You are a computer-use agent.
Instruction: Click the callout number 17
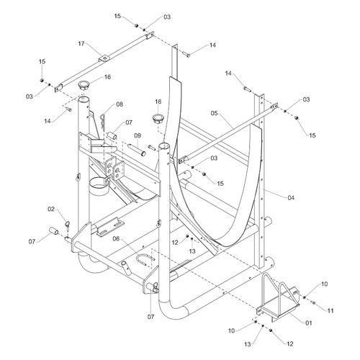click(81, 44)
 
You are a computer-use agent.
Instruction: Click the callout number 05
click(214, 113)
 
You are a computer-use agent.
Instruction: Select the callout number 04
click(291, 198)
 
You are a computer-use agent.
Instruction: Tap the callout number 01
click(309, 323)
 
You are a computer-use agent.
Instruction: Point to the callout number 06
click(116, 238)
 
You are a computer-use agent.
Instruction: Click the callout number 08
click(120, 104)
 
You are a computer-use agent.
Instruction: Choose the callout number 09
click(138, 135)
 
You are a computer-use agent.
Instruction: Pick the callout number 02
click(51, 209)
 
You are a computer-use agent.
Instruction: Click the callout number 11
click(330, 311)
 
